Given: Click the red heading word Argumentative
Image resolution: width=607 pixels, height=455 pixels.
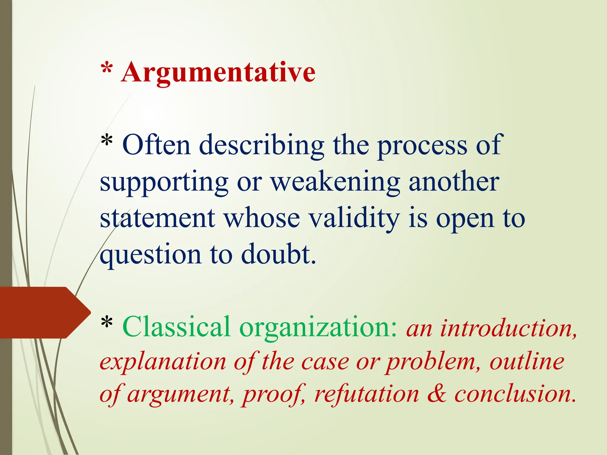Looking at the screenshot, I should (218, 73).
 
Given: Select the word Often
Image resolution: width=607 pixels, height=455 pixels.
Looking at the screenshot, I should (156, 145).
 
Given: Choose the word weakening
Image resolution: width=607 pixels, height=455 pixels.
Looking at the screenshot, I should (336, 182).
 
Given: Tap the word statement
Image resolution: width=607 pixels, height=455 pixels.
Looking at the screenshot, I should (157, 218).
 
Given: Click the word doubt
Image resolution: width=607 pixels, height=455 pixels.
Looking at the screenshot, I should (278, 254).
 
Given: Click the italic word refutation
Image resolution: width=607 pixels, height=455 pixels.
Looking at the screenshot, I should (367, 395).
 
